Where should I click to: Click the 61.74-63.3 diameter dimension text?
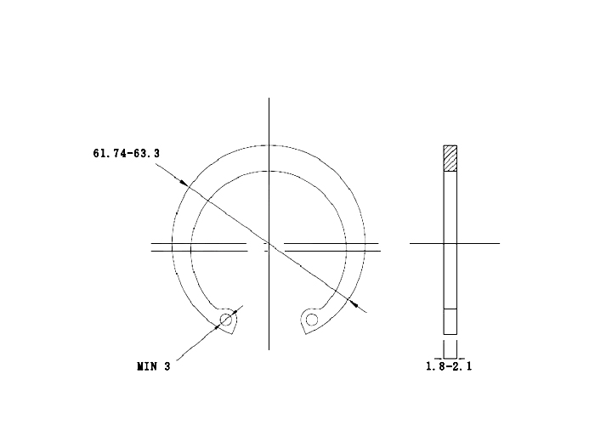point(127,153)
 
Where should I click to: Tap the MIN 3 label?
point(154,366)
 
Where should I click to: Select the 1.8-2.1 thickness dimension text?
point(449,366)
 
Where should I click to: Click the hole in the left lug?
point(226,320)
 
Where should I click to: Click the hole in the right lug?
point(312,320)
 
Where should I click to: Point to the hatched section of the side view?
point(450,158)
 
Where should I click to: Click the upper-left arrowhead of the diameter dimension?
point(184,183)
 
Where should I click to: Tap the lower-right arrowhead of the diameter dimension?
point(354,303)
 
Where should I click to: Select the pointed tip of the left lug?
point(232,334)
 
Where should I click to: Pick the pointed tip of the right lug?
point(305,334)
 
